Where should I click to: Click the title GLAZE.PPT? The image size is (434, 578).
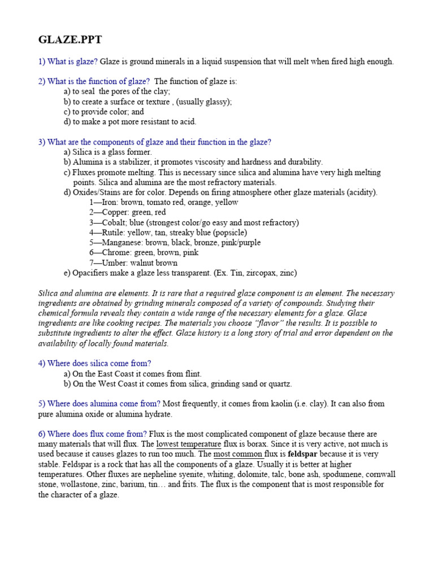(x=70, y=40)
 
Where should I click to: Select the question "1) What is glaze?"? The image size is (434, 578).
(x=68, y=62)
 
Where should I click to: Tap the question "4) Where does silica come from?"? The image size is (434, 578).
(x=94, y=364)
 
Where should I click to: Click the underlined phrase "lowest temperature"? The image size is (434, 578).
(x=188, y=444)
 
